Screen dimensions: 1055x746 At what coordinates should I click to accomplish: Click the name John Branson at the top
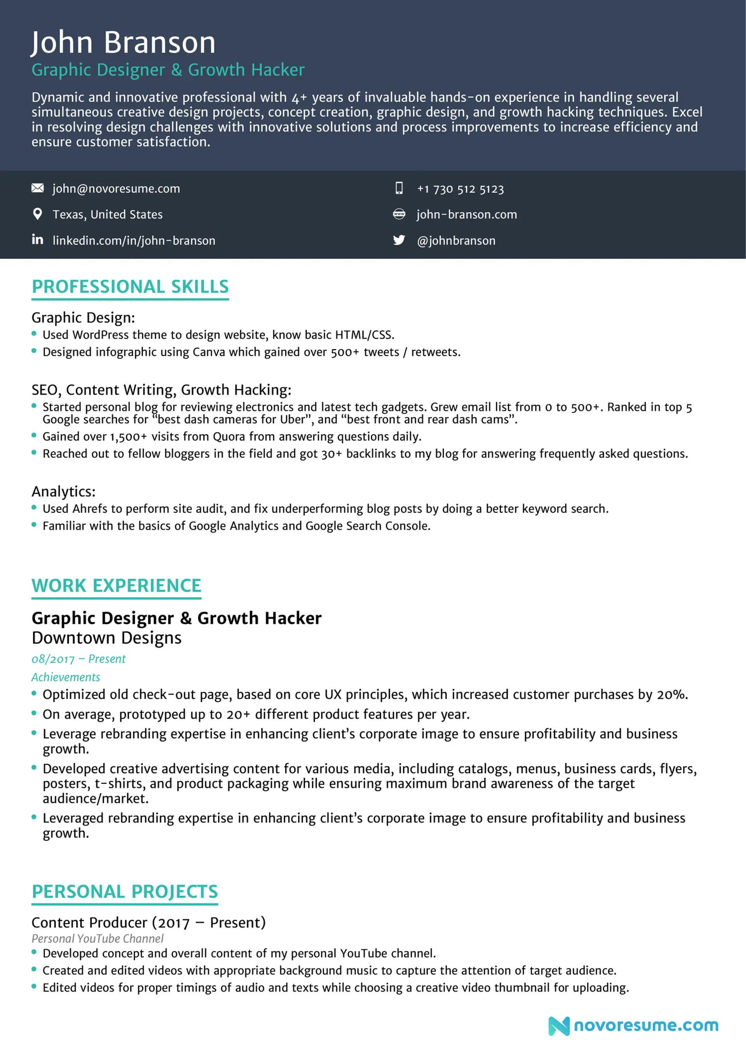(123, 42)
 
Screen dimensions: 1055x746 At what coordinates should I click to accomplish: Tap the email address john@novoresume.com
(116, 188)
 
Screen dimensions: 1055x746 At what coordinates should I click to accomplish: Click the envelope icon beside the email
(38, 188)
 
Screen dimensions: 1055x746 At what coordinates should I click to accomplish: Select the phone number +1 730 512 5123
(460, 189)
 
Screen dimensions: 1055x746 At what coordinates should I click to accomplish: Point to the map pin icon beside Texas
(38, 214)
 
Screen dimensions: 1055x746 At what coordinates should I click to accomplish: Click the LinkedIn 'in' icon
(38, 239)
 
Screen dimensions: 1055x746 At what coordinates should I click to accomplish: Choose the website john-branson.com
(467, 214)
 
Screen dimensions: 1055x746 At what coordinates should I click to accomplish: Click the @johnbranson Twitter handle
(456, 240)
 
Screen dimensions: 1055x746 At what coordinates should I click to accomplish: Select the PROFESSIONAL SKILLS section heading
(130, 287)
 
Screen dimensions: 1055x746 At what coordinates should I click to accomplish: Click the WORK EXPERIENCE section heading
(116, 585)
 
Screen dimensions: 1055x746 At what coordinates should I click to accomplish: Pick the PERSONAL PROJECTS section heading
(125, 891)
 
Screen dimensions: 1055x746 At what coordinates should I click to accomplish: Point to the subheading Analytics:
(63, 491)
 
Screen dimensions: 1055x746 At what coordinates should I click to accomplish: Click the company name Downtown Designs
(106, 638)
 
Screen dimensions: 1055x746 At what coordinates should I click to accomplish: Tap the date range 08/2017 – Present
(78, 659)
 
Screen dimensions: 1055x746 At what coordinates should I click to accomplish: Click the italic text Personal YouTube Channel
(98, 938)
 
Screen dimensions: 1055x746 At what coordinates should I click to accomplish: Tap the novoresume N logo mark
(558, 1026)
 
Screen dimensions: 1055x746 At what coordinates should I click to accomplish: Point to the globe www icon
(399, 214)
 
